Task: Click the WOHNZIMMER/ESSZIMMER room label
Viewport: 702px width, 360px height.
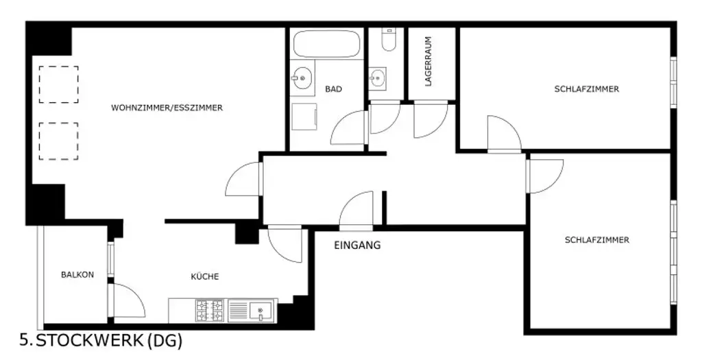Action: click(167, 108)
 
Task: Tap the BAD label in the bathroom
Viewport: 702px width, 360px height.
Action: click(334, 89)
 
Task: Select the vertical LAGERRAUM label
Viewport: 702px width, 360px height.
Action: click(428, 61)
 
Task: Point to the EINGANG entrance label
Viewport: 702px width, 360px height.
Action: click(357, 245)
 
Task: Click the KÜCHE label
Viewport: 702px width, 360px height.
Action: click(204, 276)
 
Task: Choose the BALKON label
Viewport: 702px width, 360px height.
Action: click(77, 274)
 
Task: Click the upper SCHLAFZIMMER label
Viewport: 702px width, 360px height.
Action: click(586, 89)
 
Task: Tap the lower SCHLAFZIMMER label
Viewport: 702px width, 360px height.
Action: click(596, 240)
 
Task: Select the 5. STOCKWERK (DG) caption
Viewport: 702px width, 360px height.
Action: click(101, 341)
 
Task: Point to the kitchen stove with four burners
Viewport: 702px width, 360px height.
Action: click(210, 311)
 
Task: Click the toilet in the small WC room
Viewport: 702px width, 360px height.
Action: click(388, 41)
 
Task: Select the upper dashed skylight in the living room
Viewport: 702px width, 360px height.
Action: click(58, 84)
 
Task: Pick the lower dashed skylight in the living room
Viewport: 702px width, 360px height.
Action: click(58, 141)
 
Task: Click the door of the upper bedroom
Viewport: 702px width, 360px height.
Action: click(504, 134)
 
